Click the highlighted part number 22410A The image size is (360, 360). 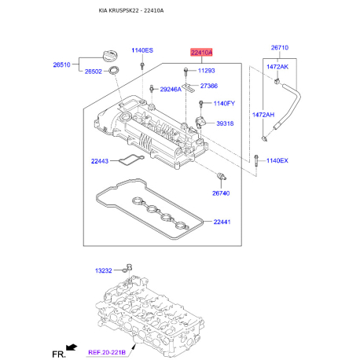coord(200,53)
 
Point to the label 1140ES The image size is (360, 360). coord(141,50)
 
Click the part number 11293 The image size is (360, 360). coord(208,71)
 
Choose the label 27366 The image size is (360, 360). coord(209,86)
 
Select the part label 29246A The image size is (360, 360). coord(170,90)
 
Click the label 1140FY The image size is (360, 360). coord(224,104)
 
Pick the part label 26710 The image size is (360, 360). coord(281,47)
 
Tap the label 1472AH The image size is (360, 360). coord(263,115)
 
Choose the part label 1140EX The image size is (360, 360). coord(277,161)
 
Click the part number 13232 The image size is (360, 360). coord(105,271)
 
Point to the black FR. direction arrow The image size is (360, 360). coord(72,347)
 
